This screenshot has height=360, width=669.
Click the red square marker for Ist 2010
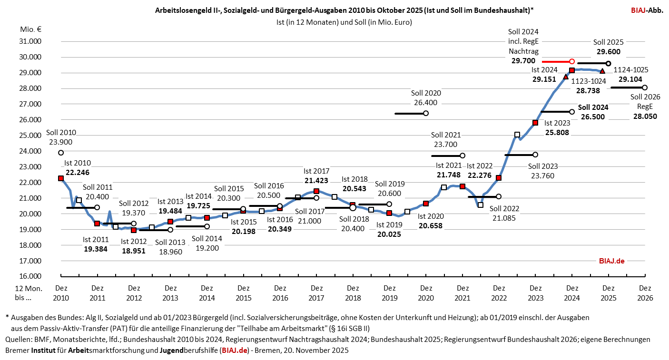[x=61, y=178]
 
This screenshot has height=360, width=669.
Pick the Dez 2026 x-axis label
[x=645, y=292]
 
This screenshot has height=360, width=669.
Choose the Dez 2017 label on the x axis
[x=316, y=292]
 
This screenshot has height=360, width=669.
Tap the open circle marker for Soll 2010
[x=61, y=153]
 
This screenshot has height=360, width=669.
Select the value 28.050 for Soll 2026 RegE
[x=645, y=116]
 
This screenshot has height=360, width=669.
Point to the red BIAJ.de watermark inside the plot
[x=611, y=261]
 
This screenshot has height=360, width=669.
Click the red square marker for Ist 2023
[x=535, y=123]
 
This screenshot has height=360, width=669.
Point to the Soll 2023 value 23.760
[x=543, y=175]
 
